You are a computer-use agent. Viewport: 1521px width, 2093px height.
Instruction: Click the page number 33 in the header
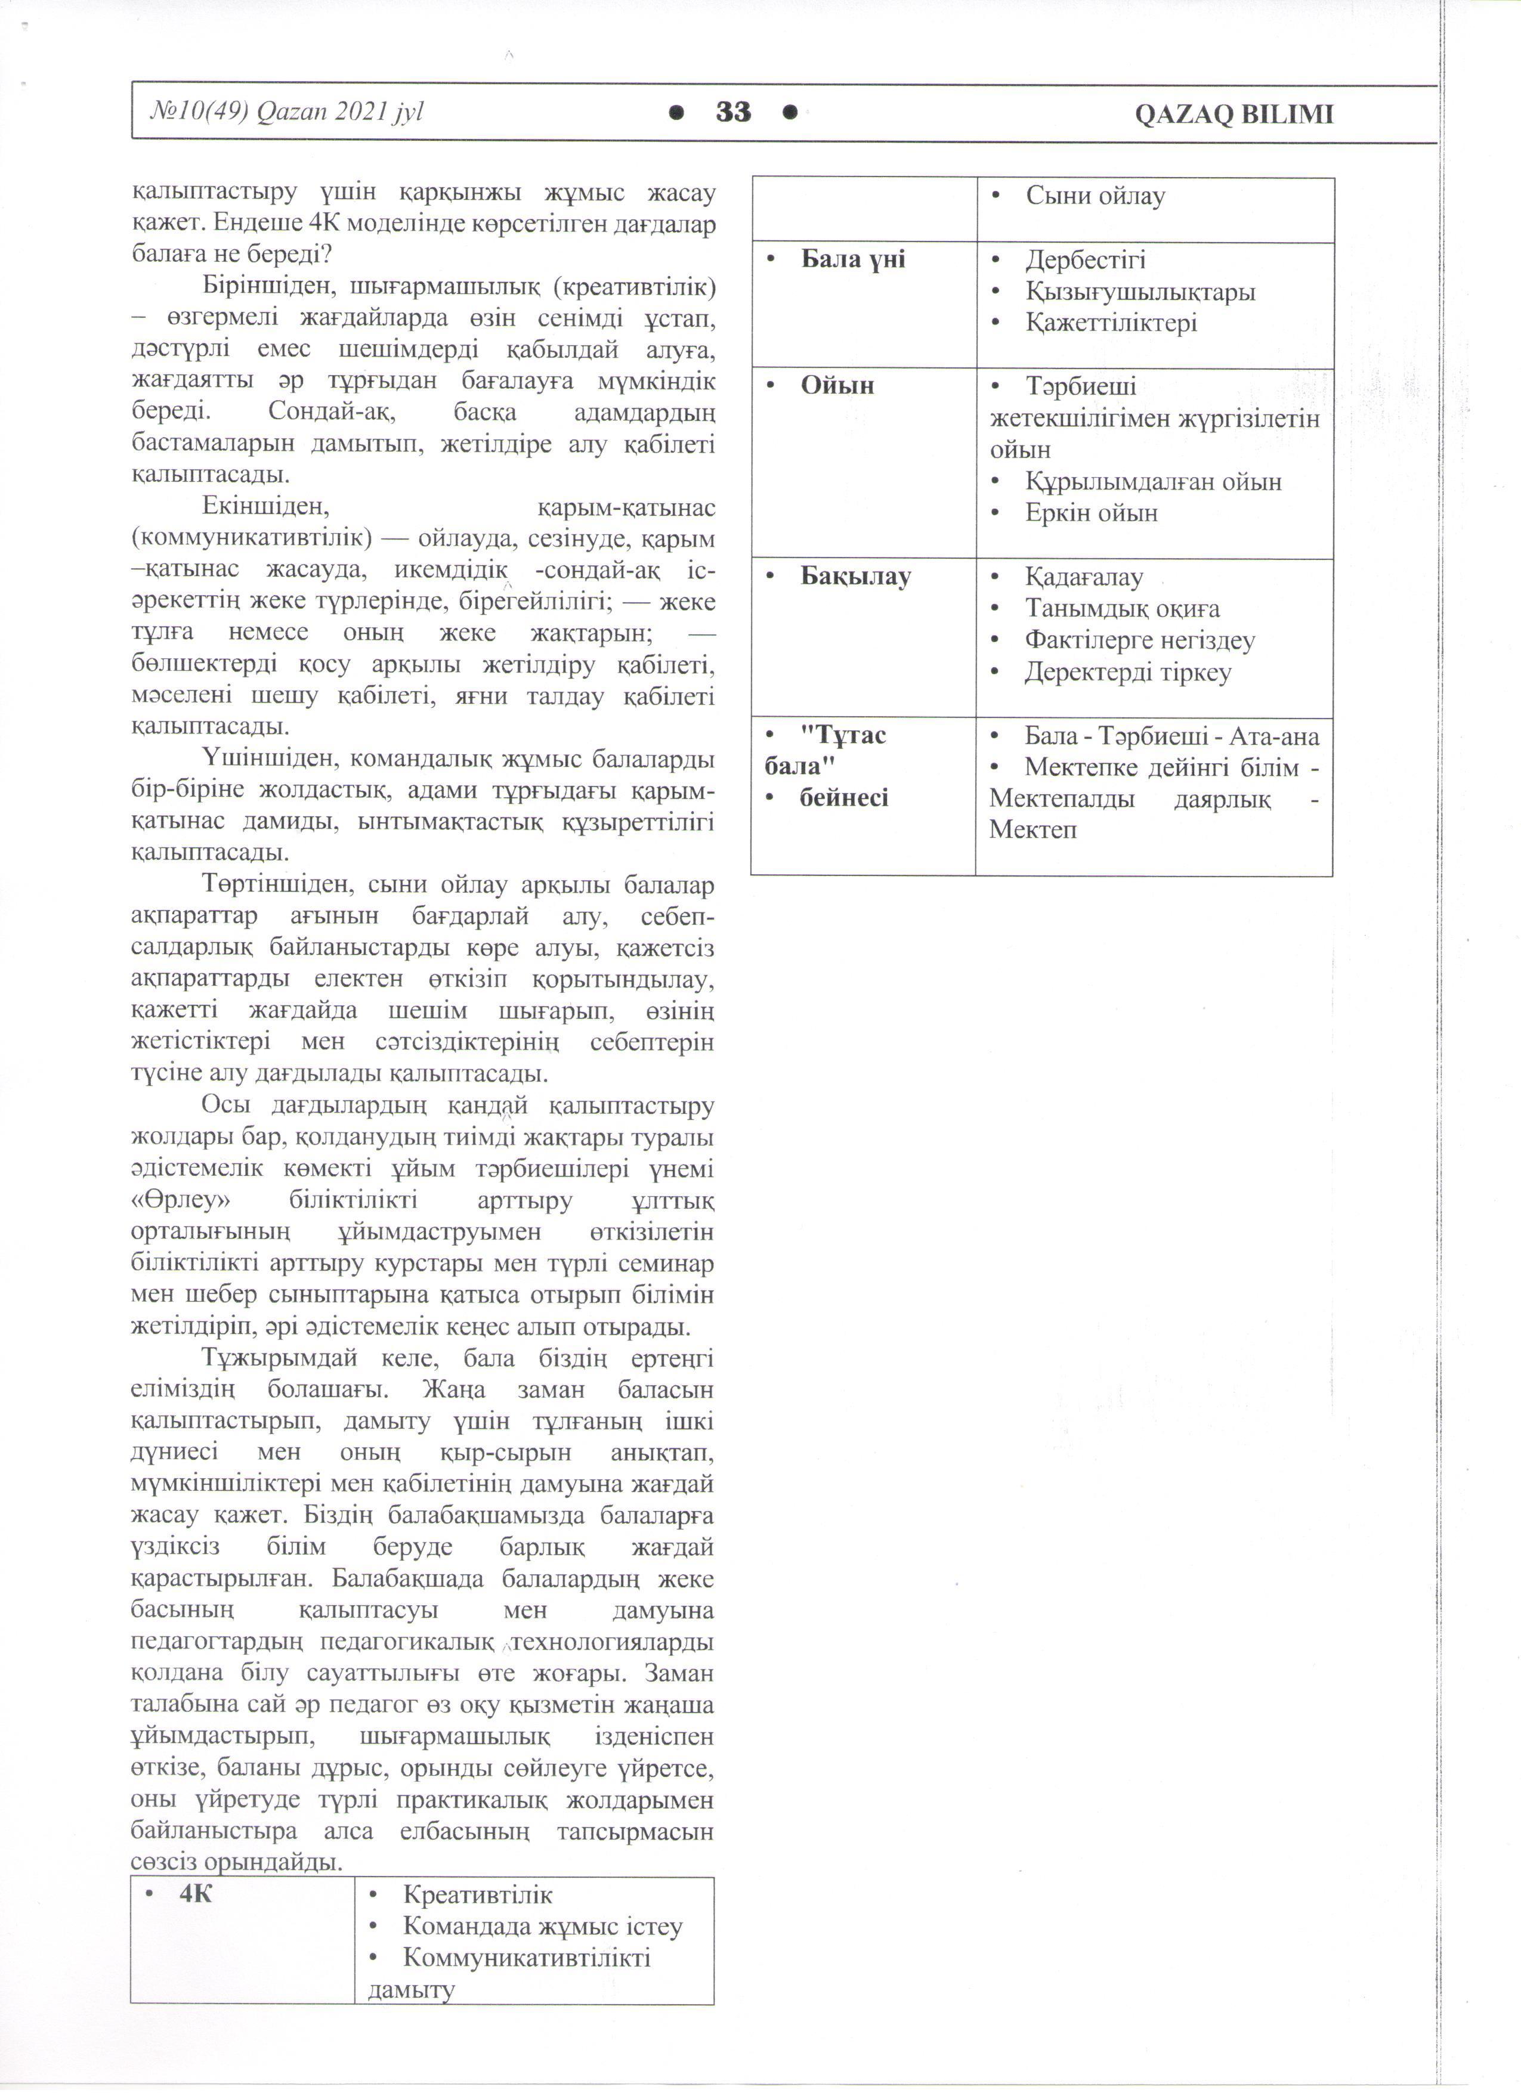[734, 113]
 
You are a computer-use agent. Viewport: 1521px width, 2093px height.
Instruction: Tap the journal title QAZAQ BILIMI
[1233, 115]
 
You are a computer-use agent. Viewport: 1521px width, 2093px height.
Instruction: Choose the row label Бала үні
[853, 260]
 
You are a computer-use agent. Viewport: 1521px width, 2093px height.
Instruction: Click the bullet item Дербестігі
[1086, 260]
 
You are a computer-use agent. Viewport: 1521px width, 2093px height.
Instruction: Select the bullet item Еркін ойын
[1091, 513]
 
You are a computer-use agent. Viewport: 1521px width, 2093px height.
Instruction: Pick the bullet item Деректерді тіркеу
[1128, 673]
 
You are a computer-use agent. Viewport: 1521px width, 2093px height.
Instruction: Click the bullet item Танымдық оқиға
[1123, 609]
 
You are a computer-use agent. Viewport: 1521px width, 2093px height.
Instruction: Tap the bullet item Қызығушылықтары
[1140, 292]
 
